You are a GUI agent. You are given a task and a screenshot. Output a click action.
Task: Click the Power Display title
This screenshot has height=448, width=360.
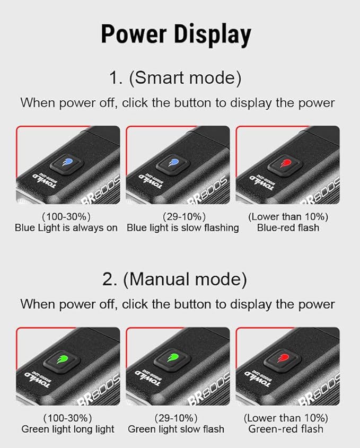(176, 35)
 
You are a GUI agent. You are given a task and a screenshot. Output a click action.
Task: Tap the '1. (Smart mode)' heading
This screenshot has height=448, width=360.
(175, 78)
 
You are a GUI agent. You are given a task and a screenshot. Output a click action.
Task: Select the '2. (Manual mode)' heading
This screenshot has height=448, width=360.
(174, 279)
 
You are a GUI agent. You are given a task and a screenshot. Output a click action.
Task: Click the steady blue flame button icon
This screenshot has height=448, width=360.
(68, 163)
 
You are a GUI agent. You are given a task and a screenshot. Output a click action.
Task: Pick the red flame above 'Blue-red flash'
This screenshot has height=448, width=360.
(285, 163)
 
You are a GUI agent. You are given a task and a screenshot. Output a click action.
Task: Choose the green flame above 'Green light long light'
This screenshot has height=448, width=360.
(62, 358)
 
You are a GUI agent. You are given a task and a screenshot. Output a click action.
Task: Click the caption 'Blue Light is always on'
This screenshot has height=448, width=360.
(66, 228)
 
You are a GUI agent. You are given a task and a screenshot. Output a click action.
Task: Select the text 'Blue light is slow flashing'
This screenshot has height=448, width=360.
(183, 228)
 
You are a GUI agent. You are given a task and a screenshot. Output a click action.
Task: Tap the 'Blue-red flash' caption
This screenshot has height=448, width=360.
(288, 228)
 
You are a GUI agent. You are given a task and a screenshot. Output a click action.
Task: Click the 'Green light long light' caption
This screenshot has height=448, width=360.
(68, 429)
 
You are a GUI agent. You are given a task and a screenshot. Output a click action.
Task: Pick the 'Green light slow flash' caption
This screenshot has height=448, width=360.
(176, 429)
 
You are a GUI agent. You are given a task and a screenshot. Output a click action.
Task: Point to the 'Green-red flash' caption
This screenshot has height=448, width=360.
(286, 429)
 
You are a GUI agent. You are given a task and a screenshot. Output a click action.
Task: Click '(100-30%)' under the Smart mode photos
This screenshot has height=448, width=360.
(66, 217)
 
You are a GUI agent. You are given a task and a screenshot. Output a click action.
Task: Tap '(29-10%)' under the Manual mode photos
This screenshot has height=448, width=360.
(176, 418)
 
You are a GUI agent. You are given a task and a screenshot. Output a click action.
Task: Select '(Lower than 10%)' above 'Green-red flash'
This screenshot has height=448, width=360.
(286, 418)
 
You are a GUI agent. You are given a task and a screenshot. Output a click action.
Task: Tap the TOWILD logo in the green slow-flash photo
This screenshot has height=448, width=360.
(148, 381)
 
